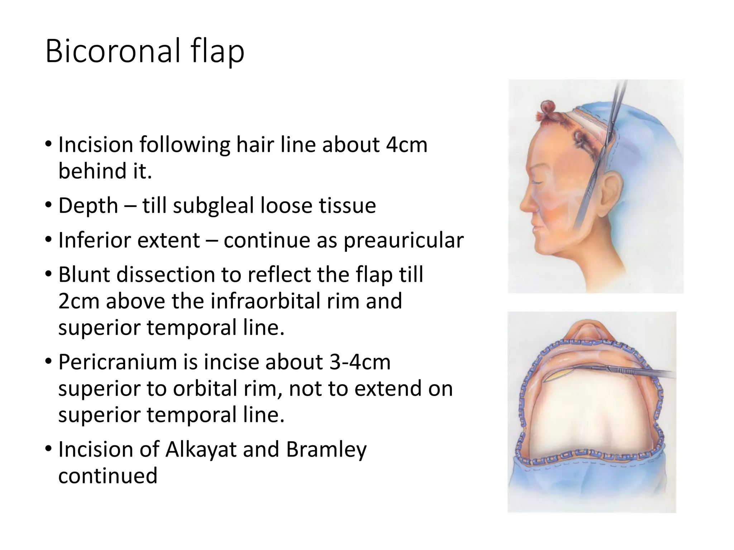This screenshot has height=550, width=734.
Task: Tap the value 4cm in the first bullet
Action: (x=406, y=145)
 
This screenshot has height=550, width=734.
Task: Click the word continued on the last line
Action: (x=108, y=476)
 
